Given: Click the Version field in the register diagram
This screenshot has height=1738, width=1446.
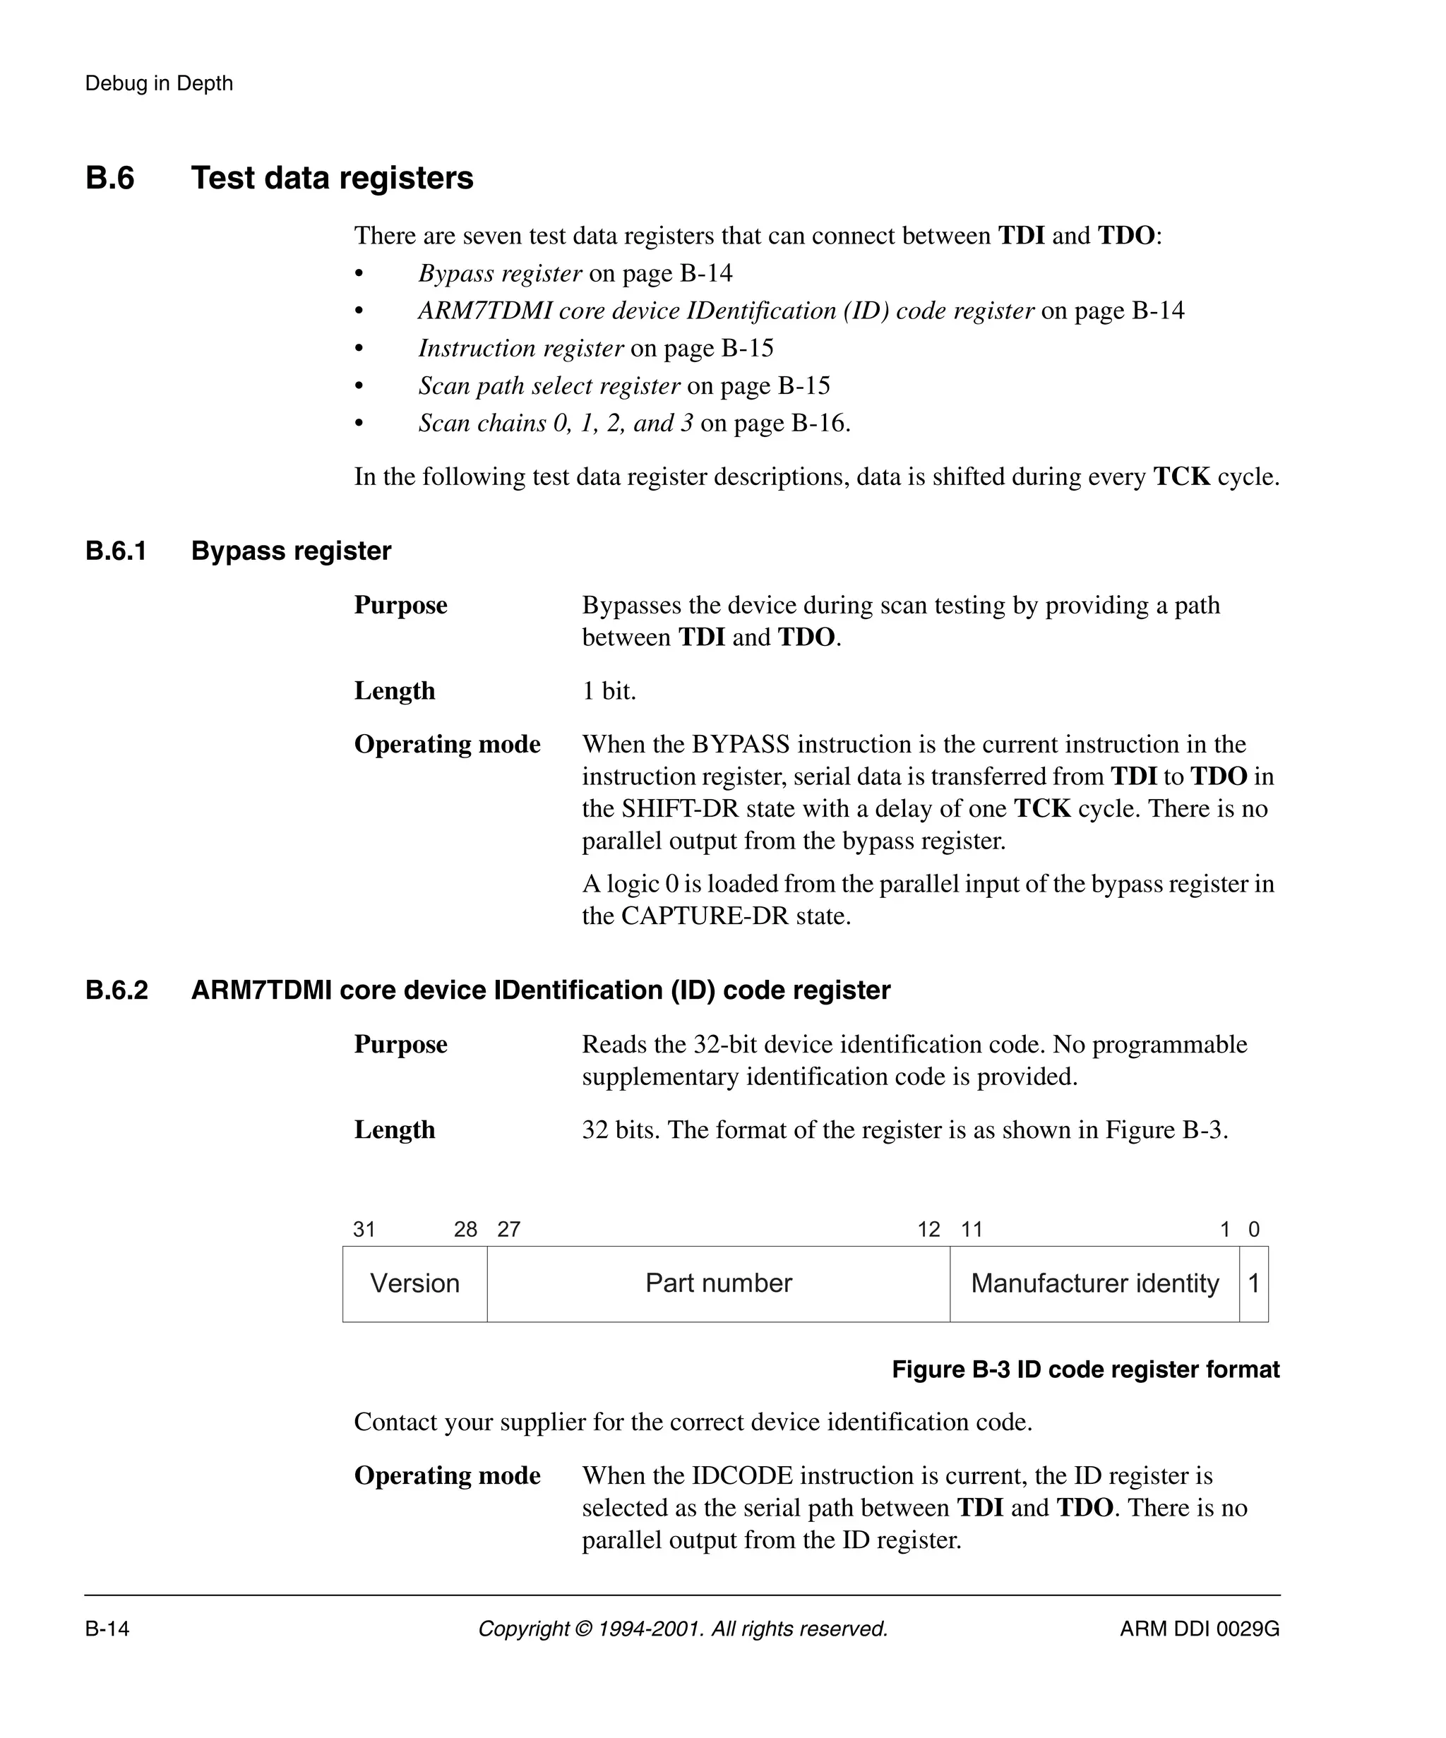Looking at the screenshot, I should [x=414, y=1283].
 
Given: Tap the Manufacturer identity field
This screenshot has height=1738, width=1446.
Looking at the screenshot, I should [x=1094, y=1283].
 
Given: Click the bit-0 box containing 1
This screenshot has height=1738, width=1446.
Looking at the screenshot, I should [x=1253, y=1283].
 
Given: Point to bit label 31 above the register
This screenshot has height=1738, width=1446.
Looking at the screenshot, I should [x=364, y=1230].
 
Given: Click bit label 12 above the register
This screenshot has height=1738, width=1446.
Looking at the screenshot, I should [x=928, y=1230].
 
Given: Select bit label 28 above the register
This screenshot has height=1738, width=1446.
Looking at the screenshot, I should [x=466, y=1230].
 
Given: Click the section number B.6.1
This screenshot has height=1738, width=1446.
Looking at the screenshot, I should [x=116, y=551].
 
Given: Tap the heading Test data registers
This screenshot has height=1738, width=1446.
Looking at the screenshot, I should [x=332, y=179].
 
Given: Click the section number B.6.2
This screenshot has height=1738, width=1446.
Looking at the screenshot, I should [x=116, y=990].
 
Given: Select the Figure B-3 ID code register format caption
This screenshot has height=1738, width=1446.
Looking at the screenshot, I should [x=1085, y=1370].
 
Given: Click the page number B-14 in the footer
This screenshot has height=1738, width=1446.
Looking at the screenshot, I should [x=107, y=1629].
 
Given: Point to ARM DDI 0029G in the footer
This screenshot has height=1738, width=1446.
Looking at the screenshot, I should [x=1200, y=1629].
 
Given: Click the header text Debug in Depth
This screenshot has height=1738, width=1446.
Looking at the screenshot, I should [x=159, y=83].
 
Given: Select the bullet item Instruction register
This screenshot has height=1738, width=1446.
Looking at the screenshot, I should [x=520, y=349].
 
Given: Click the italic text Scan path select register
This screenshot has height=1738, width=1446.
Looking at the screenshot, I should [x=549, y=385].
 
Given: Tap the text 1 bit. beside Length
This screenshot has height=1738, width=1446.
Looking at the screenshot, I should [x=609, y=691].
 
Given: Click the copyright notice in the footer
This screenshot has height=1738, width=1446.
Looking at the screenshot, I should [x=683, y=1629].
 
